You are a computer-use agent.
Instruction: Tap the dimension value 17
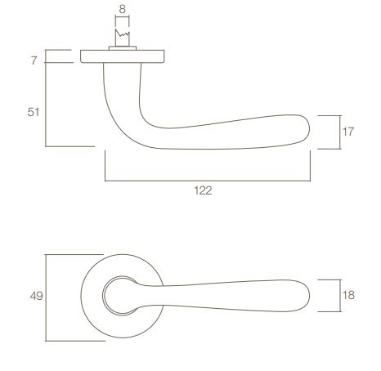(347, 132)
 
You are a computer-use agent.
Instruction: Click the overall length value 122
(204, 190)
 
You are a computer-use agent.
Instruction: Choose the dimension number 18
(348, 295)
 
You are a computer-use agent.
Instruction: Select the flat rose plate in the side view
(123, 56)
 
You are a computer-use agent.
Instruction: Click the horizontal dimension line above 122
(208, 178)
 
